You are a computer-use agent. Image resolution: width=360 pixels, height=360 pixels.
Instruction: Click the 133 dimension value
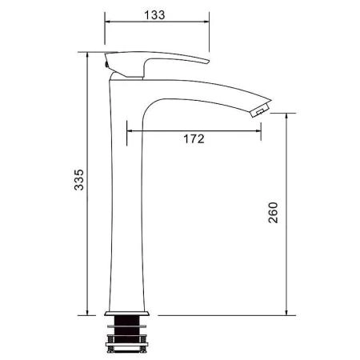[x=154, y=15]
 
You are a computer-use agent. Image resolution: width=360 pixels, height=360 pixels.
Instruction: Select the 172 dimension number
[x=194, y=139]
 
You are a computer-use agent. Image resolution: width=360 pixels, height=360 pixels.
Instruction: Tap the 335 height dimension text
[x=79, y=180]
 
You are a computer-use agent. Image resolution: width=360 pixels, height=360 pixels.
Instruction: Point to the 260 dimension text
[x=273, y=213]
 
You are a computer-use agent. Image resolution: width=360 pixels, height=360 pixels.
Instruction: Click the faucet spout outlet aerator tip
[x=262, y=110]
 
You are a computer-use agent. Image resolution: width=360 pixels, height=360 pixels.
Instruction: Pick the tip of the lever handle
[x=207, y=62]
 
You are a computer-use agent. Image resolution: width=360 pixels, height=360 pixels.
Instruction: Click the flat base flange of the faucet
[x=126, y=314]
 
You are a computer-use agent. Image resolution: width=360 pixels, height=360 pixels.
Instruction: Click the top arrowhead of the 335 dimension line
[x=87, y=55]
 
